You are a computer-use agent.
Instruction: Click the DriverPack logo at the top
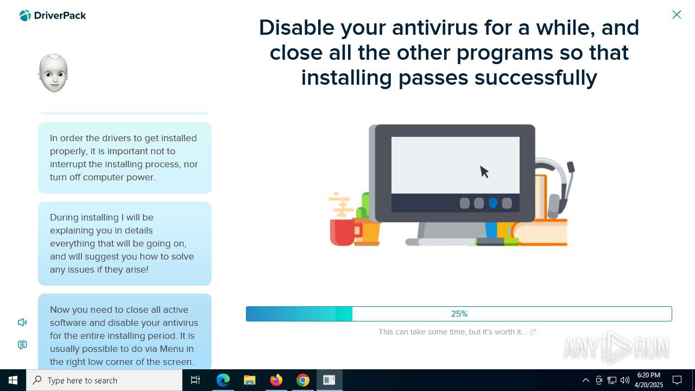(x=53, y=16)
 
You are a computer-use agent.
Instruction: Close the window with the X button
(x=677, y=15)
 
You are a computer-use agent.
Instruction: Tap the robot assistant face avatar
(x=53, y=73)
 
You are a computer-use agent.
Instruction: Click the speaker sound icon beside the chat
(x=22, y=323)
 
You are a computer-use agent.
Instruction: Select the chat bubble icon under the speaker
(x=22, y=345)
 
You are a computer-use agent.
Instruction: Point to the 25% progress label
(x=459, y=314)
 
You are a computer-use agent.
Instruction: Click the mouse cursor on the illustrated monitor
(x=484, y=172)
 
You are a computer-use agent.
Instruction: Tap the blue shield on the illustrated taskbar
(x=493, y=203)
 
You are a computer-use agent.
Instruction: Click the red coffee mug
(x=344, y=232)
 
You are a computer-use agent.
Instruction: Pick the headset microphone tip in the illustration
(x=571, y=167)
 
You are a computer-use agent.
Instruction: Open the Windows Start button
(x=12, y=380)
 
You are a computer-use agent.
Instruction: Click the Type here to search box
(x=104, y=380)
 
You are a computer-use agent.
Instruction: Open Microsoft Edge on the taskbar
(x=223, y=380)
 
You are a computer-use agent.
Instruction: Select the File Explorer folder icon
(x=249, y=380)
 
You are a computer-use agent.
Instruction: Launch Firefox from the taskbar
(x=276, y=380)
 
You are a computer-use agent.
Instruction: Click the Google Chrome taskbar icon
(x=303, y=380)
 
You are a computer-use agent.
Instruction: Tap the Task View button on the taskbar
(x=195, y=380)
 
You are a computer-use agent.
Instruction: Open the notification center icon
(x=677, y=380)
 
